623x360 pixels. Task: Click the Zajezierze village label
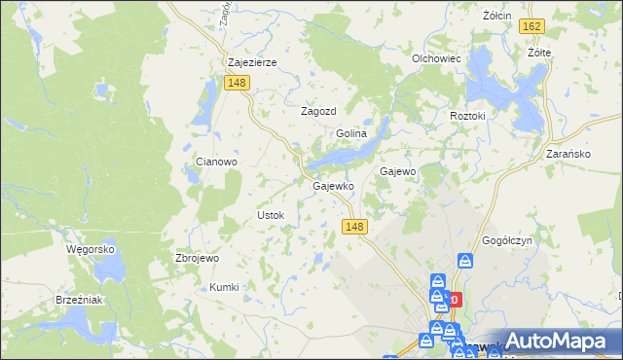click(252, 62)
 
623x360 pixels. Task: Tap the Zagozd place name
click(317, 111)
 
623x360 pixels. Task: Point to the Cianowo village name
click(217, 162)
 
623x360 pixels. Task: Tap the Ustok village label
click(270, 214)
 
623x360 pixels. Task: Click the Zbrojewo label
click(197, 259)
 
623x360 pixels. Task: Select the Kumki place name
click(224, 287)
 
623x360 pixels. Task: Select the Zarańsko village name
click(569, 154)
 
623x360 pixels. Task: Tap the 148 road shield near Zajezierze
click(236, 84)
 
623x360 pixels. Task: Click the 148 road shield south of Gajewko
click(355, 227)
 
